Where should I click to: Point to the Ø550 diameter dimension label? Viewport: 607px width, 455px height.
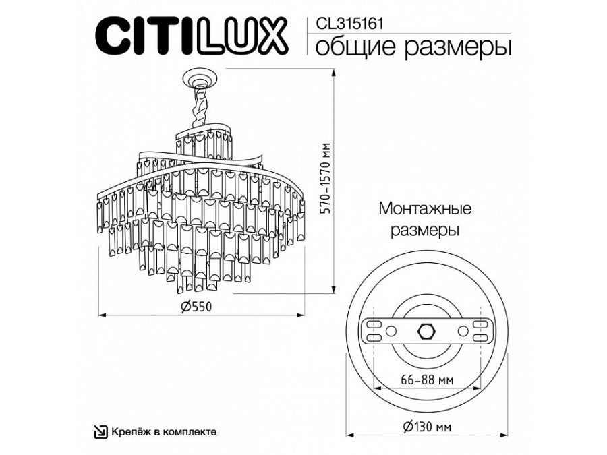click(197, 307)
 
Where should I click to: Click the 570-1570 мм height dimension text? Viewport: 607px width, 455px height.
click(326, 179)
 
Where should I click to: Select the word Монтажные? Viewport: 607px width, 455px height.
click(425, 208)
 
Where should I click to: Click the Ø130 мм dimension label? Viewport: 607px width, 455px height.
click(427, 427)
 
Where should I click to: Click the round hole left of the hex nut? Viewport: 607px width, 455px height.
click(391, 331)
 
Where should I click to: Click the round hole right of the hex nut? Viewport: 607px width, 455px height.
click(463, 331)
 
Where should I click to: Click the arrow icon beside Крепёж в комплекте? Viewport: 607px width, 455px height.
click(101, 431)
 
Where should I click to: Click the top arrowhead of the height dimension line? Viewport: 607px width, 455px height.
click(333, 72)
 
